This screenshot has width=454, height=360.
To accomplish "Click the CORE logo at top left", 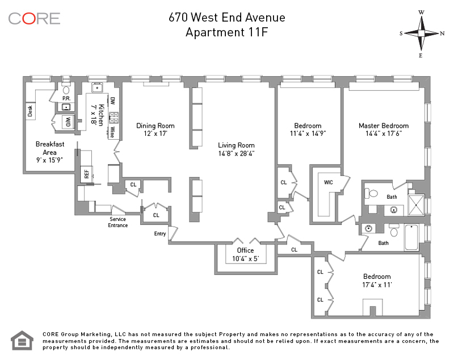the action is click(x=34, y=19).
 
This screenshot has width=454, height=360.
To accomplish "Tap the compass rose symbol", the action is click(x=422, y=32).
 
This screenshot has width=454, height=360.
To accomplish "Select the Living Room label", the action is click(x=237, y=149).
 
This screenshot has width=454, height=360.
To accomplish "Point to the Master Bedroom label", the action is click(x=383, y=130).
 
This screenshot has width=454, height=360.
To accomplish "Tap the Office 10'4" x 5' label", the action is click(x=246, y=254).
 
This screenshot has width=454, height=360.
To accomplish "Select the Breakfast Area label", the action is click(x=49, y=152).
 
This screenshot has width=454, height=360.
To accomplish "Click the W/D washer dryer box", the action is click(x=67, y=122).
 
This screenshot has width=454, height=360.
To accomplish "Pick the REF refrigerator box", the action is click(x=87, y=174).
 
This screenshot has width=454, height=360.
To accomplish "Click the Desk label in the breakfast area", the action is click(x=30, y=111).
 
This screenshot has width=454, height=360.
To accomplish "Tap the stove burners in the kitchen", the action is click(x=113, y=118).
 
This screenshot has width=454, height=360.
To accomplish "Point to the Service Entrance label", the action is click(x=118, y=222).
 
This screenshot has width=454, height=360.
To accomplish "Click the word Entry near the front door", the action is click(x=159, y=234).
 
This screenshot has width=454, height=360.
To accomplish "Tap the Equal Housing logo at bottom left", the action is click(x=23, y=340).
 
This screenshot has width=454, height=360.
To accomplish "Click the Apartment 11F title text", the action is click(x=226, y=32).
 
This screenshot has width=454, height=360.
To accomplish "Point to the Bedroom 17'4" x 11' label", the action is click(x=377, y=281).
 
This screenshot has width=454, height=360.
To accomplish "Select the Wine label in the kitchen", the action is click(x=112, y=132).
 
